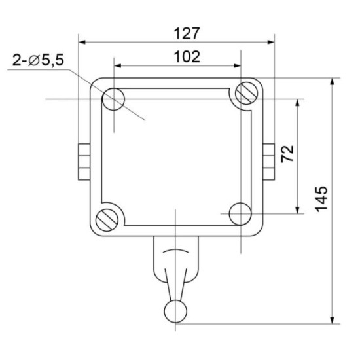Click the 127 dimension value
click(187, 34)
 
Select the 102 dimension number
click(187, 57)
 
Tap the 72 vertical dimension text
click(287, 154)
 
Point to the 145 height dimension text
click(321, 199)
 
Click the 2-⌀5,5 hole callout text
click(38, 60)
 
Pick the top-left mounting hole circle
click(113, 99)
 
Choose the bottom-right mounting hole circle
click(240, 214)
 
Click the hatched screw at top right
click(247, 94)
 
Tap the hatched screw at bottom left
click(107, 220)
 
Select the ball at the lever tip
click(175, 312)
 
